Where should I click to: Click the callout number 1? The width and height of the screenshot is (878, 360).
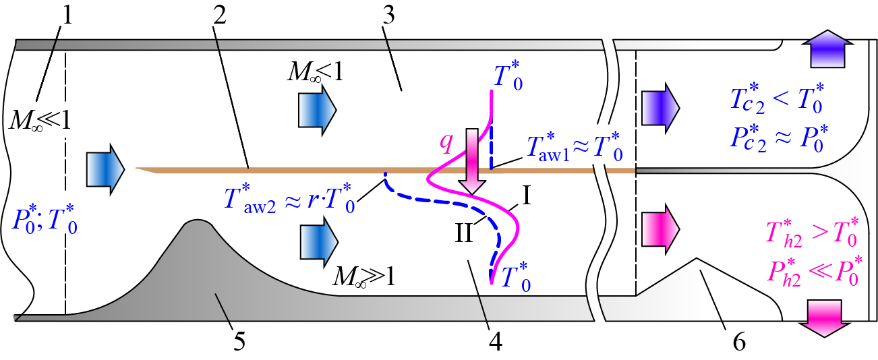point(68,16)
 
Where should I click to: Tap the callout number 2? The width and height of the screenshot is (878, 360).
point(220,16)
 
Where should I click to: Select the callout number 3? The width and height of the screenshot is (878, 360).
point(388,16)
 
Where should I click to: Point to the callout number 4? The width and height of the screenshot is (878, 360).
point(496,341)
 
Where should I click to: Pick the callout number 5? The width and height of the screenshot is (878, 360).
point(239,341)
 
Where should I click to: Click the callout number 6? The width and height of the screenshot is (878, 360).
point(739,342)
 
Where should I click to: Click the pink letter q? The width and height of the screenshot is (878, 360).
point(446,142)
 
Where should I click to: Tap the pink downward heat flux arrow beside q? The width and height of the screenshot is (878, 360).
point(472,161)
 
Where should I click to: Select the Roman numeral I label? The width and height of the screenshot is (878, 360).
point(527,195)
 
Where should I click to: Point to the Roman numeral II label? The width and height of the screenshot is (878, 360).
point(464,233)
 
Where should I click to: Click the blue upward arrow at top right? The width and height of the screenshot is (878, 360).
point(827,49)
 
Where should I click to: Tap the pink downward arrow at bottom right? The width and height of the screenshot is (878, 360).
point(824,318)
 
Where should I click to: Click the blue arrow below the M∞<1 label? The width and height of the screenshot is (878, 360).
point(317,110)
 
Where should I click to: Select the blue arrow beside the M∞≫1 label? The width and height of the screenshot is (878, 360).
point(319,242)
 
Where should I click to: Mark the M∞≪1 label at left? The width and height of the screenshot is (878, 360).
point(40,119)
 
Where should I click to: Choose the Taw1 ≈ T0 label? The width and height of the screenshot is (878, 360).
point(575,147)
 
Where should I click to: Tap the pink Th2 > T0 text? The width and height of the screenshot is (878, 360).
point(812,233)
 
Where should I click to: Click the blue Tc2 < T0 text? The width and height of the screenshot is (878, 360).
point(777,98)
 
